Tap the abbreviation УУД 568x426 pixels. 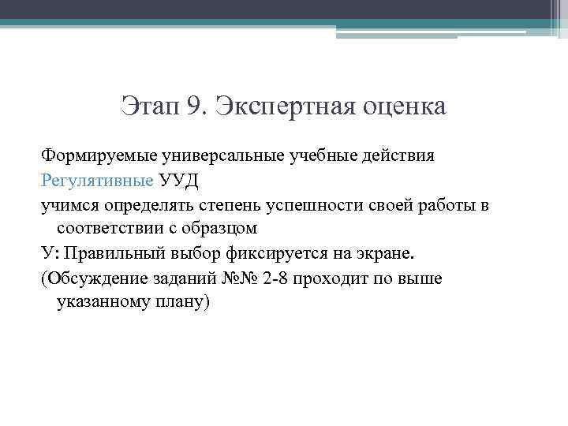pyautogui.click(x=179, y=180)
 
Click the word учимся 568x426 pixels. pyautogui.click(x=69, y=205)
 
